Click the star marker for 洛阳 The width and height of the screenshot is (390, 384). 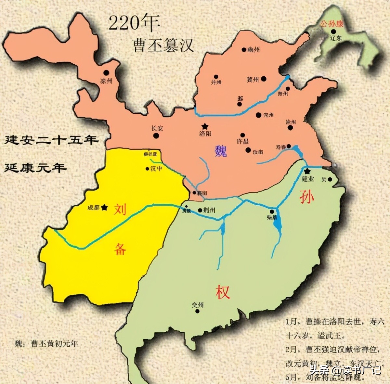coord(205,126)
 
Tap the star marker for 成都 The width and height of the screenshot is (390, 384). coord(104,207)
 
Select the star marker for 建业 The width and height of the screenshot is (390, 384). coord(307,171)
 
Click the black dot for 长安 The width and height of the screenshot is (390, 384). coord(156,136)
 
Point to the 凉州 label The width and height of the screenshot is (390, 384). coord(106,81)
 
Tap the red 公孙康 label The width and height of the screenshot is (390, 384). coord(331,24)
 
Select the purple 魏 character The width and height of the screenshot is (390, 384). coord(221,151)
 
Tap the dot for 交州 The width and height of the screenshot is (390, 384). coord(197,311)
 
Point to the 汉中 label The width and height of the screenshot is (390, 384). coord(156,169)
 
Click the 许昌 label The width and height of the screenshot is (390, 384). coord(243,141)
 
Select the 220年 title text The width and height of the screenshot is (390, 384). coord(134,23)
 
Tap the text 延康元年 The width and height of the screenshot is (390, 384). coord(36,167)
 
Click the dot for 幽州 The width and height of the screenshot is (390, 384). coord(244,50)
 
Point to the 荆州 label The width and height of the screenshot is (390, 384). coord(209,210)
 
